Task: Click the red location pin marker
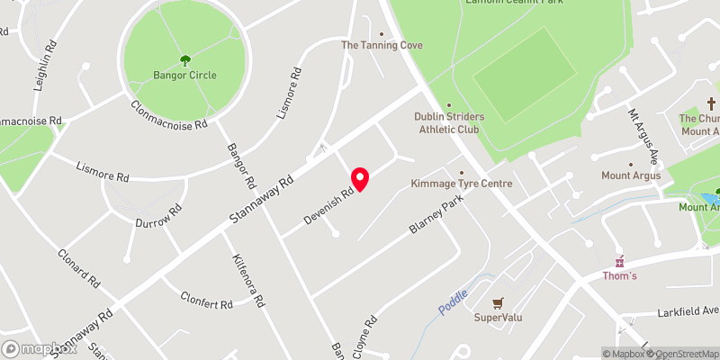tap(360, 179)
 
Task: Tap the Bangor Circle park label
tap(184, 75)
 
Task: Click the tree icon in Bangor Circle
tap(184, 60)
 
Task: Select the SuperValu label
tap(499, 318)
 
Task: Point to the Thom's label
tap(619, 275)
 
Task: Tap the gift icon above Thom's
tap(619, 261)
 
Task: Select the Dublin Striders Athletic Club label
tap(449, 123)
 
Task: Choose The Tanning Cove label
tap(381, 45)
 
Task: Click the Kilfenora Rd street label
tap(251, 279)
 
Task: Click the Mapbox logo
tap(39, 348)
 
